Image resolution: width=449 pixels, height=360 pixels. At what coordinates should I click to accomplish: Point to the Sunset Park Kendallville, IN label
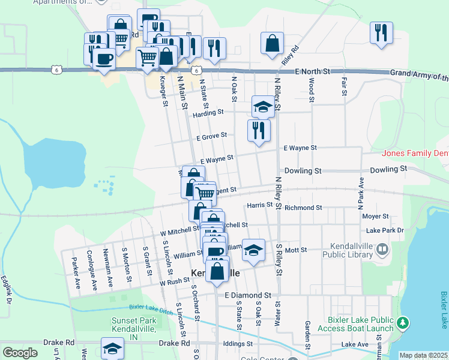[133, 325]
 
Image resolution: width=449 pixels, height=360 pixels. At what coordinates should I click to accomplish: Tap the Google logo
[20, 353]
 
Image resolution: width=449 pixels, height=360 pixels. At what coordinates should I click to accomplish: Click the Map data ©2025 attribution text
[424, 355]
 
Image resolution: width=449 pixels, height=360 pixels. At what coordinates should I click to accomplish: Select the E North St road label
[313, 71]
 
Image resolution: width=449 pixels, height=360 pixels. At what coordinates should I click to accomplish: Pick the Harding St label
[208, 112]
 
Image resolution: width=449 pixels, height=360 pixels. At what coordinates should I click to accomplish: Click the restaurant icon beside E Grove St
[259, 130]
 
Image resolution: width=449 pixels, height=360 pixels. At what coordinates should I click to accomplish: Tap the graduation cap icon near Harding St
[263, 106]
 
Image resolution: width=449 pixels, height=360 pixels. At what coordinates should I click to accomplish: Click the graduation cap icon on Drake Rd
[112, 348]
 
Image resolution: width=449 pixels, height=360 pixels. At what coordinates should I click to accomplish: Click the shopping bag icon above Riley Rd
[272, 43]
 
